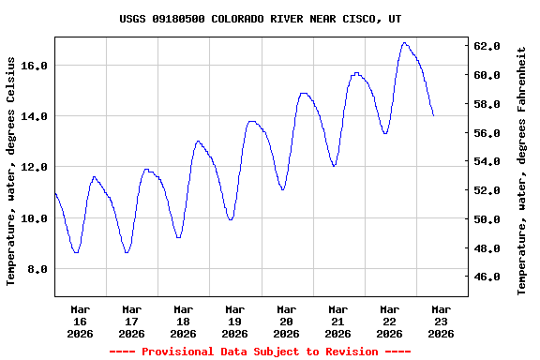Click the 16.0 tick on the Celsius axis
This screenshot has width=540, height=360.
(x=35, y=66)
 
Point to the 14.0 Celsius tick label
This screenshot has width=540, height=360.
(x=35, y=116)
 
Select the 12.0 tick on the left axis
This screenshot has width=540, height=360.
(x=35, y=167)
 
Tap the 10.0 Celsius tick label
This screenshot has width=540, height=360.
(x=35, y=218)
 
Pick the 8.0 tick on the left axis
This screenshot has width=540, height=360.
(x=37, y=269)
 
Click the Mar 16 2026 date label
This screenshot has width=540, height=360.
(x=80, y=321)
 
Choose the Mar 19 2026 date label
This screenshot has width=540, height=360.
(x=234, y=321)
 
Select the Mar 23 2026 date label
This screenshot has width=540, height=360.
(x=441, y=321)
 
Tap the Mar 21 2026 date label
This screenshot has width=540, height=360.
(x=337, y=321)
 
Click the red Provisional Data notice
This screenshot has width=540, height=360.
(x=260, y=352)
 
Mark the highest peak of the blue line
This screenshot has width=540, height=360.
(x=404, y=42)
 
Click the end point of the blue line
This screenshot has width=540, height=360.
(x=433, y=115)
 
